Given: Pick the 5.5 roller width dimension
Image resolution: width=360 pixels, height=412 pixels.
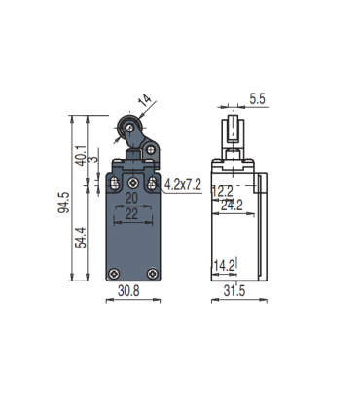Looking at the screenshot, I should click(x=258, y=98).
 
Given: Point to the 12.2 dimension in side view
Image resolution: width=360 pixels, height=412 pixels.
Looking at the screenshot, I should click(x=223, y=191).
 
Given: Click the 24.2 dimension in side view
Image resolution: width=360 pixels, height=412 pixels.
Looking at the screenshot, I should click(x=230, y=206).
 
